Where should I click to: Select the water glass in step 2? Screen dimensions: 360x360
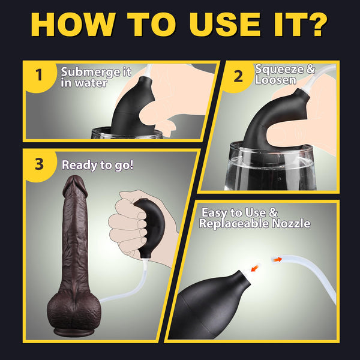pyautogui.click(x=270, y=171)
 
